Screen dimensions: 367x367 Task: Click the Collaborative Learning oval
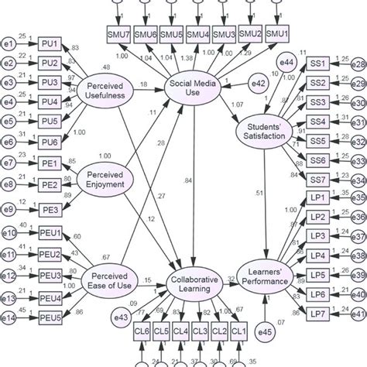coord(193,286)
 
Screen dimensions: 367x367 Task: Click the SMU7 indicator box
coord(119,35)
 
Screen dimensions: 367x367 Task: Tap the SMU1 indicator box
coord(277,35)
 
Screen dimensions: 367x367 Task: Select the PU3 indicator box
coord(50,82)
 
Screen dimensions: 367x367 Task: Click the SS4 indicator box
coord(319,122)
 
